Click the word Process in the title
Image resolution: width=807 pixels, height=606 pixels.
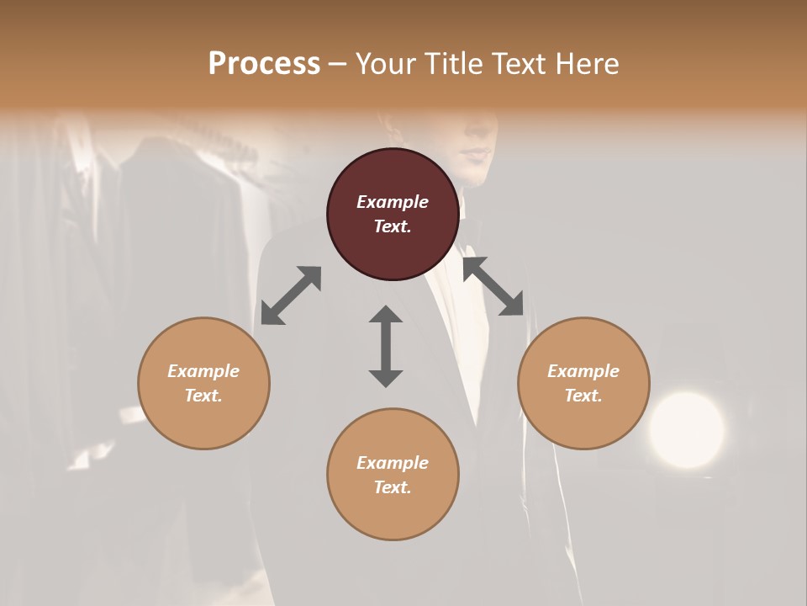click(x=264, y=64)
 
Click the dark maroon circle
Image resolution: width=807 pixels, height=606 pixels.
click(x=393, y=214)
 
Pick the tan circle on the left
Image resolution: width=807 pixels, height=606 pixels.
click(x=203, y=383)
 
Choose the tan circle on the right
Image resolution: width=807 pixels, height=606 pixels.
click(x=583, y=383)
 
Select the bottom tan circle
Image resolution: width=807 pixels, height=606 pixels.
click(x=393, y=474)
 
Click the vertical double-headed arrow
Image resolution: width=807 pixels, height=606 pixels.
click(x=386, y=346)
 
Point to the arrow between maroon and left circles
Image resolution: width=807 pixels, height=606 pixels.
click(x=291, y=295)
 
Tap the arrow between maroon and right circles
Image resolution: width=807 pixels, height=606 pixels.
click(x=493, y=286)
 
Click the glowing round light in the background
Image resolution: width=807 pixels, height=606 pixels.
click(x=687, y=429)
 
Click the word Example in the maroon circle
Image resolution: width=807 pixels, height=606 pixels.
click(x=393, y=202)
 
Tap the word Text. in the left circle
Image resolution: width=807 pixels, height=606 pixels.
click(x=203, y=396)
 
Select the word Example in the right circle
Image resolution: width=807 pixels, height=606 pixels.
click(x=583, y=371)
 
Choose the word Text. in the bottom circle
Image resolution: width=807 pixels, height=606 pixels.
click(x=393, y=487)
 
